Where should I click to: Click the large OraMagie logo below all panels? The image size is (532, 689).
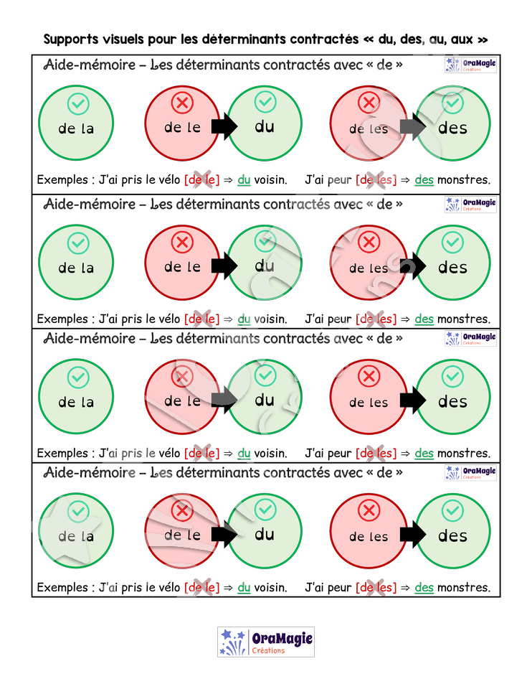click(x=266, y=642)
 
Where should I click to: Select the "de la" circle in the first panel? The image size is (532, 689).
click(x=76, y=123)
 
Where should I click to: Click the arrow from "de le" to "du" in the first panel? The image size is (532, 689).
click(x=224, y=126)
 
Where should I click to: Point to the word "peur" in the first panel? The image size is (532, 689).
click(x=340, y=180)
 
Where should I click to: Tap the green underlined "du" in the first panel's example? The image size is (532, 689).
click(x=244, y=179)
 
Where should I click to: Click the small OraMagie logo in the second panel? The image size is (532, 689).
click(x=470, y=205)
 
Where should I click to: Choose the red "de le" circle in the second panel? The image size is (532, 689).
click(x=182, y=263)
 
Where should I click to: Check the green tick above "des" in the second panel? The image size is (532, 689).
click(x=452, y=243)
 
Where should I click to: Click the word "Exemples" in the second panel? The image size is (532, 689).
click(x=62, y=319)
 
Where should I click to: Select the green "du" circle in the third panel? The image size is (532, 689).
click(x=265, y=397)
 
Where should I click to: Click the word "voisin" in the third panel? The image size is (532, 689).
click(x=270, y=453)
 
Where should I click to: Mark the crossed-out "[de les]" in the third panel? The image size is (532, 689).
click(x=376, y=453)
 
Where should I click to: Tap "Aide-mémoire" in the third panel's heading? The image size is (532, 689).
click(x=90, y=338)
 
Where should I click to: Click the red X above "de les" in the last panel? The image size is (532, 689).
click(x=369, y=510)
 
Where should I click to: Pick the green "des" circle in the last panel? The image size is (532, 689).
click(x=453, y=531)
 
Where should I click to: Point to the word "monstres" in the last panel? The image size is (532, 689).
click(x=463, y=588)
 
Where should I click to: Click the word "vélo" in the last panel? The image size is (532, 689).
click(x=168, y=587)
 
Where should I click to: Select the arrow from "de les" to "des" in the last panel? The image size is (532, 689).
click(x=413, y=534)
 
